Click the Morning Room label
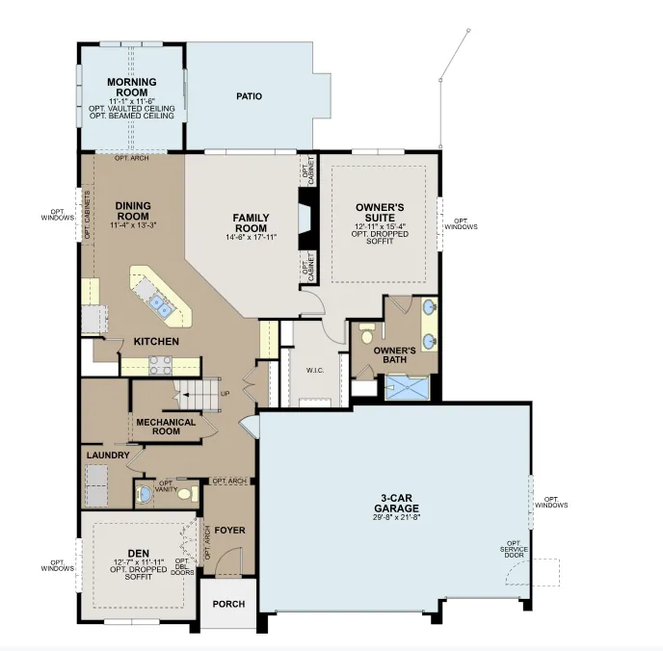pyautogui.click(x=131, y=87)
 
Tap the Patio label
pyautogui.click(x=249, y=96)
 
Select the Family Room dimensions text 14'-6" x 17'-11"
pyautogui.click(x=252, y=238)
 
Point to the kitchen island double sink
pyautogui.click(x=161, y=305)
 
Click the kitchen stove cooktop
pyautogui.click(x=161, y=365)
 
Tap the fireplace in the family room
pyautogui.click(x=307, y=219)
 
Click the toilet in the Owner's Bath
pyautogui.click(x=366, y=334)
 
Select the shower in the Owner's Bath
pyautogui.click(x=408, y=387)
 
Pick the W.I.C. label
pyautogui.click(x=315, y=371)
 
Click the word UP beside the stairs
pyautogui.click(x=225, y=394)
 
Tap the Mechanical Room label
pyautogui.click(x=166, y=427)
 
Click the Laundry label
pyautogui.click(x=108, y=455)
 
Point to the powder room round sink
pyautogui.click(x=145, y=493)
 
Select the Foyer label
pyautogui.click(x=229, y=531)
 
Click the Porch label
pyautogui.click(x=228, y=604)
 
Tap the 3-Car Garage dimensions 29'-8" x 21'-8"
pyautogui.click(x=396, y=517)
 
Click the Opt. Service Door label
pyautogui.click(x=514, y=549)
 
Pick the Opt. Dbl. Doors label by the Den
pyautogui.click(x=182, y=566)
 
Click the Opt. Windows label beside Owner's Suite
pyautogui.click(x=461, y=223)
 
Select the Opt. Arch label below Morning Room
pyautogui.click(x=131, y=158)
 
